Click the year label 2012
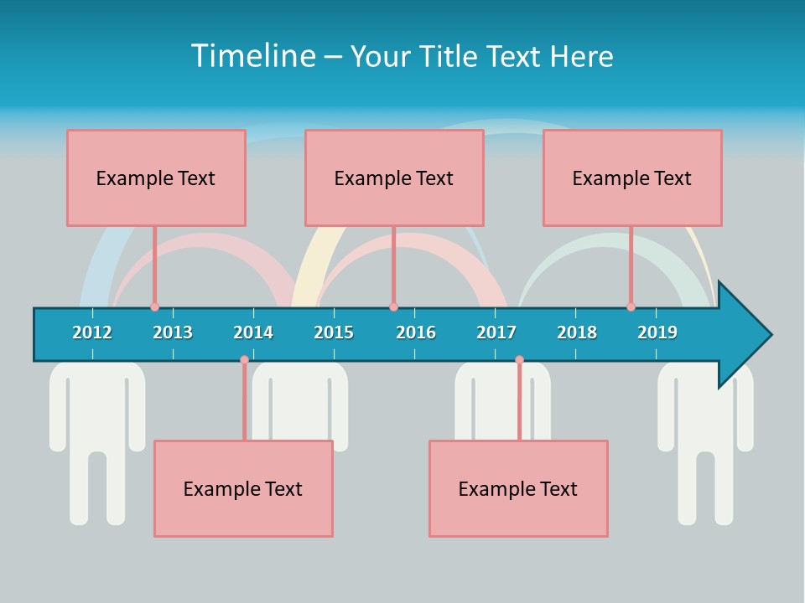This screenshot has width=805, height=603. (92, 332)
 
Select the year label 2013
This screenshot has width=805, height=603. (173, 332)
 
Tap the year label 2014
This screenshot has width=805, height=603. (253, 332)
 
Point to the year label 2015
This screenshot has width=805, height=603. (334, 332)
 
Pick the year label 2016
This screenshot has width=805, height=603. (416, 332)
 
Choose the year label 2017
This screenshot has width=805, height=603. (496, 332)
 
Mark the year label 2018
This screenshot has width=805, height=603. (577, 332)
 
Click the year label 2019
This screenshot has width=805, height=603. (657, 332)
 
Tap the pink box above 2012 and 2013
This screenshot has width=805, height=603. (156, 178)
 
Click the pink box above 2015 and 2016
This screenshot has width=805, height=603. (394, 178)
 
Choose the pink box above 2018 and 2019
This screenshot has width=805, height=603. (632, 178)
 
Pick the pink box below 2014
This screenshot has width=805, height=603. (243, 488)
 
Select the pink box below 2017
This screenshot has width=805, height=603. (518, 488)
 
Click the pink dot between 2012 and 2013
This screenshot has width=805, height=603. (154, 307)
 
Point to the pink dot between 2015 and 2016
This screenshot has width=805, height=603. (393, 307)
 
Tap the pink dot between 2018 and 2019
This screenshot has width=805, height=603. (631, 307)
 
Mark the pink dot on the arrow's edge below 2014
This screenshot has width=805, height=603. (244, 360)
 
